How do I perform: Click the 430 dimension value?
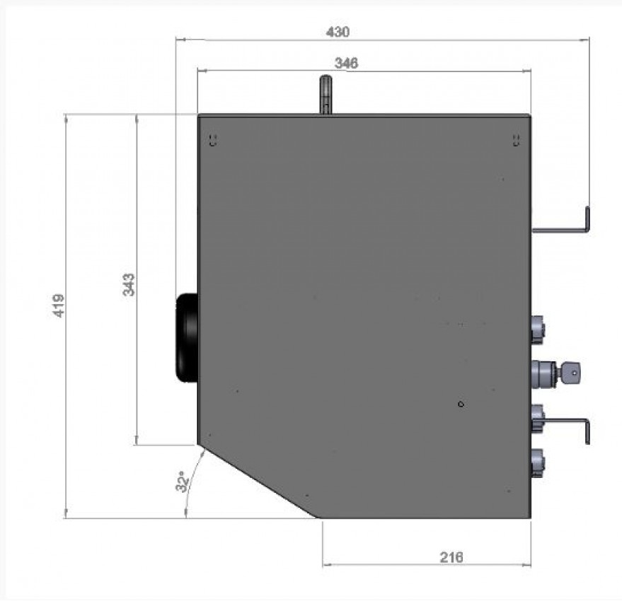[338, 32]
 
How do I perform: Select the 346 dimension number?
[346, 63]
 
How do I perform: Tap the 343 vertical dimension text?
[129, 285]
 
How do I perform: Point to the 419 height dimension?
[58, 305]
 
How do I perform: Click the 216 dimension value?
[451, 557]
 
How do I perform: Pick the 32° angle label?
[182, 482]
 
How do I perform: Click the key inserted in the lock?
[570, 372]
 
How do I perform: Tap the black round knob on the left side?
[187, 338]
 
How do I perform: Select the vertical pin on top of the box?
[326, 95]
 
